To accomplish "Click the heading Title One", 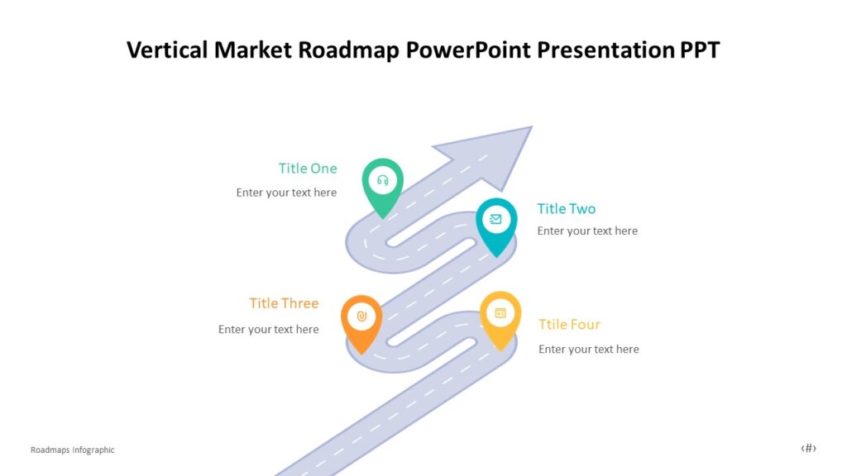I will pos(308,169).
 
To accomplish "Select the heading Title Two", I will pos(567,209).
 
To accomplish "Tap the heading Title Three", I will pos(284,303).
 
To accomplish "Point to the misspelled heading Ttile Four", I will pos(569,325).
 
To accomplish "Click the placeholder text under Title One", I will pos(286,193).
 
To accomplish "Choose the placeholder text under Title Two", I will pos(587,231).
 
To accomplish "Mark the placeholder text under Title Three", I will pos(268,330).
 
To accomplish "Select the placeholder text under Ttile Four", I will pos(588,350).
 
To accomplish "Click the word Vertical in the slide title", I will pos(167,50).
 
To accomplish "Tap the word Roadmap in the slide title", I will pos(349,50).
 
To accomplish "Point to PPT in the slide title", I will pos(700,50).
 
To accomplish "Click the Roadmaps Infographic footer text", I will pos(73,450).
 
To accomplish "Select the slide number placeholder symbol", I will pos(808,449).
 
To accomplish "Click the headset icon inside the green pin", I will pos(383,180).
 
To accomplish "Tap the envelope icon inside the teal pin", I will pos(496,219).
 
